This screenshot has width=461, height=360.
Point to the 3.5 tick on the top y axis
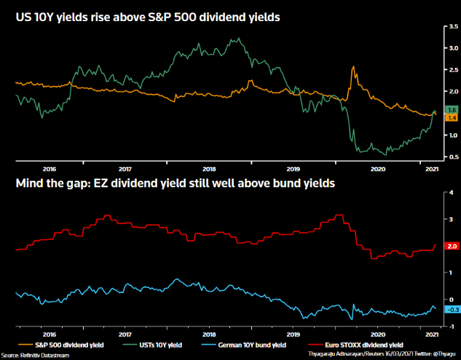[452, 26]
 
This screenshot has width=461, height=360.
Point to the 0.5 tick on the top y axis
[452, 157]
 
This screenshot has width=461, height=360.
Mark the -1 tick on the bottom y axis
[452, 326]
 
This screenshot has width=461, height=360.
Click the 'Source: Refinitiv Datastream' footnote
[33, 353]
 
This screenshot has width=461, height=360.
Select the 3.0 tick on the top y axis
[452, 48]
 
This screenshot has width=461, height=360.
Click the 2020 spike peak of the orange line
[353, 68]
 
